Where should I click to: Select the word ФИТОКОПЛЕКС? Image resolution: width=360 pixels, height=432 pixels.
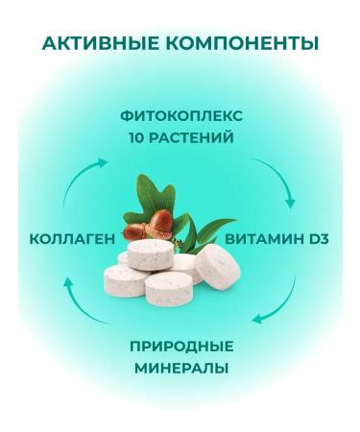pos(181,116)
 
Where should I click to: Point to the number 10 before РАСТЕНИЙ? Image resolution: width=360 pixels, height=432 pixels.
pos(135,136)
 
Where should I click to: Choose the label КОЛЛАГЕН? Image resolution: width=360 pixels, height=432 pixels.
pos(72,237)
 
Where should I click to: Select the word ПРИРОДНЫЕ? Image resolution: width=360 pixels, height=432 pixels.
pos(181,347)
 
